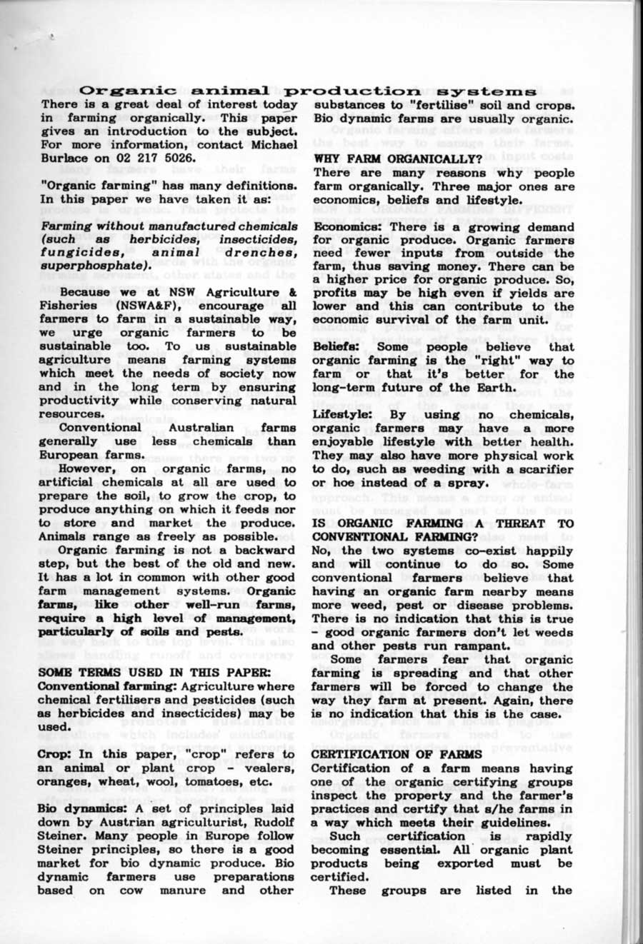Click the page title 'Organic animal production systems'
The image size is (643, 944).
308,91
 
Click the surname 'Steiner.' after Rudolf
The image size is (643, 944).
61,836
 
